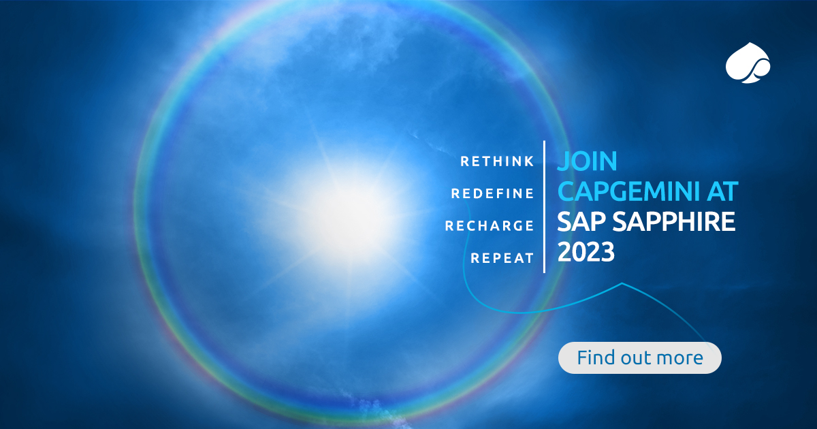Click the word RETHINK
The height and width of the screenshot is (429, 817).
tap(497, 161)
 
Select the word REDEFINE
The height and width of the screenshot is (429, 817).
tap(492, 193)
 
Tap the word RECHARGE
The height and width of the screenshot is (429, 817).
tap(489, 225)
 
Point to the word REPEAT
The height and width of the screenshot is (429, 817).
tap(502, 258)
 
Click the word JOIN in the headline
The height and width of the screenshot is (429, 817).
tap(587, 161)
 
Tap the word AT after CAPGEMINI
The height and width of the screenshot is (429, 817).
tap(719, 193)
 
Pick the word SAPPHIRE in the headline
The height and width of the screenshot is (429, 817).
tap(675, 223)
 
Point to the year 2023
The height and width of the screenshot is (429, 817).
tap(586, 253)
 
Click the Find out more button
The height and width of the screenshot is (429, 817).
tap(639, 357)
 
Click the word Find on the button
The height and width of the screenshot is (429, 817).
tap(594, 357)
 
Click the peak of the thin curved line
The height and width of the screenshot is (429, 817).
tap(621, 284)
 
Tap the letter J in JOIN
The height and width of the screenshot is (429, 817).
tap(563, 162)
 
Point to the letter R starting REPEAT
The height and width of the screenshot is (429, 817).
tap(475, 258)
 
